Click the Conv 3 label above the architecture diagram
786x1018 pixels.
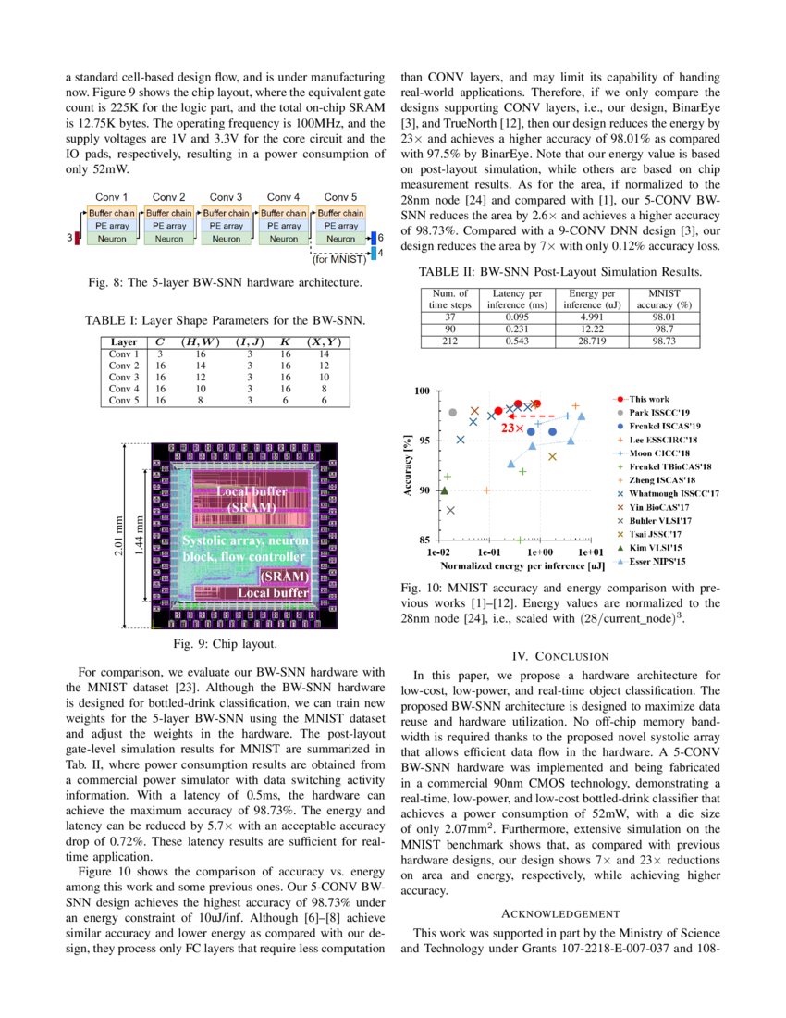(226, 197)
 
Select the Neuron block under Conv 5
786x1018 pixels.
(341, 239)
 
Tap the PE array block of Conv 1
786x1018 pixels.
(111, 226)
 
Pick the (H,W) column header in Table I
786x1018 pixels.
(200, 341)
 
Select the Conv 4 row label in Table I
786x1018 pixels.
(123, 389)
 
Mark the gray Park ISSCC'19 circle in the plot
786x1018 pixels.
(452, 413)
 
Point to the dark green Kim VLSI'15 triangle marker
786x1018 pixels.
(445, 491)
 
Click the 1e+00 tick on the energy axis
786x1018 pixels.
(538, 551)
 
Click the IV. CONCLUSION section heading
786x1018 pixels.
(560, 656)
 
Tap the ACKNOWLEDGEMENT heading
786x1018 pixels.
(560, 913)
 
